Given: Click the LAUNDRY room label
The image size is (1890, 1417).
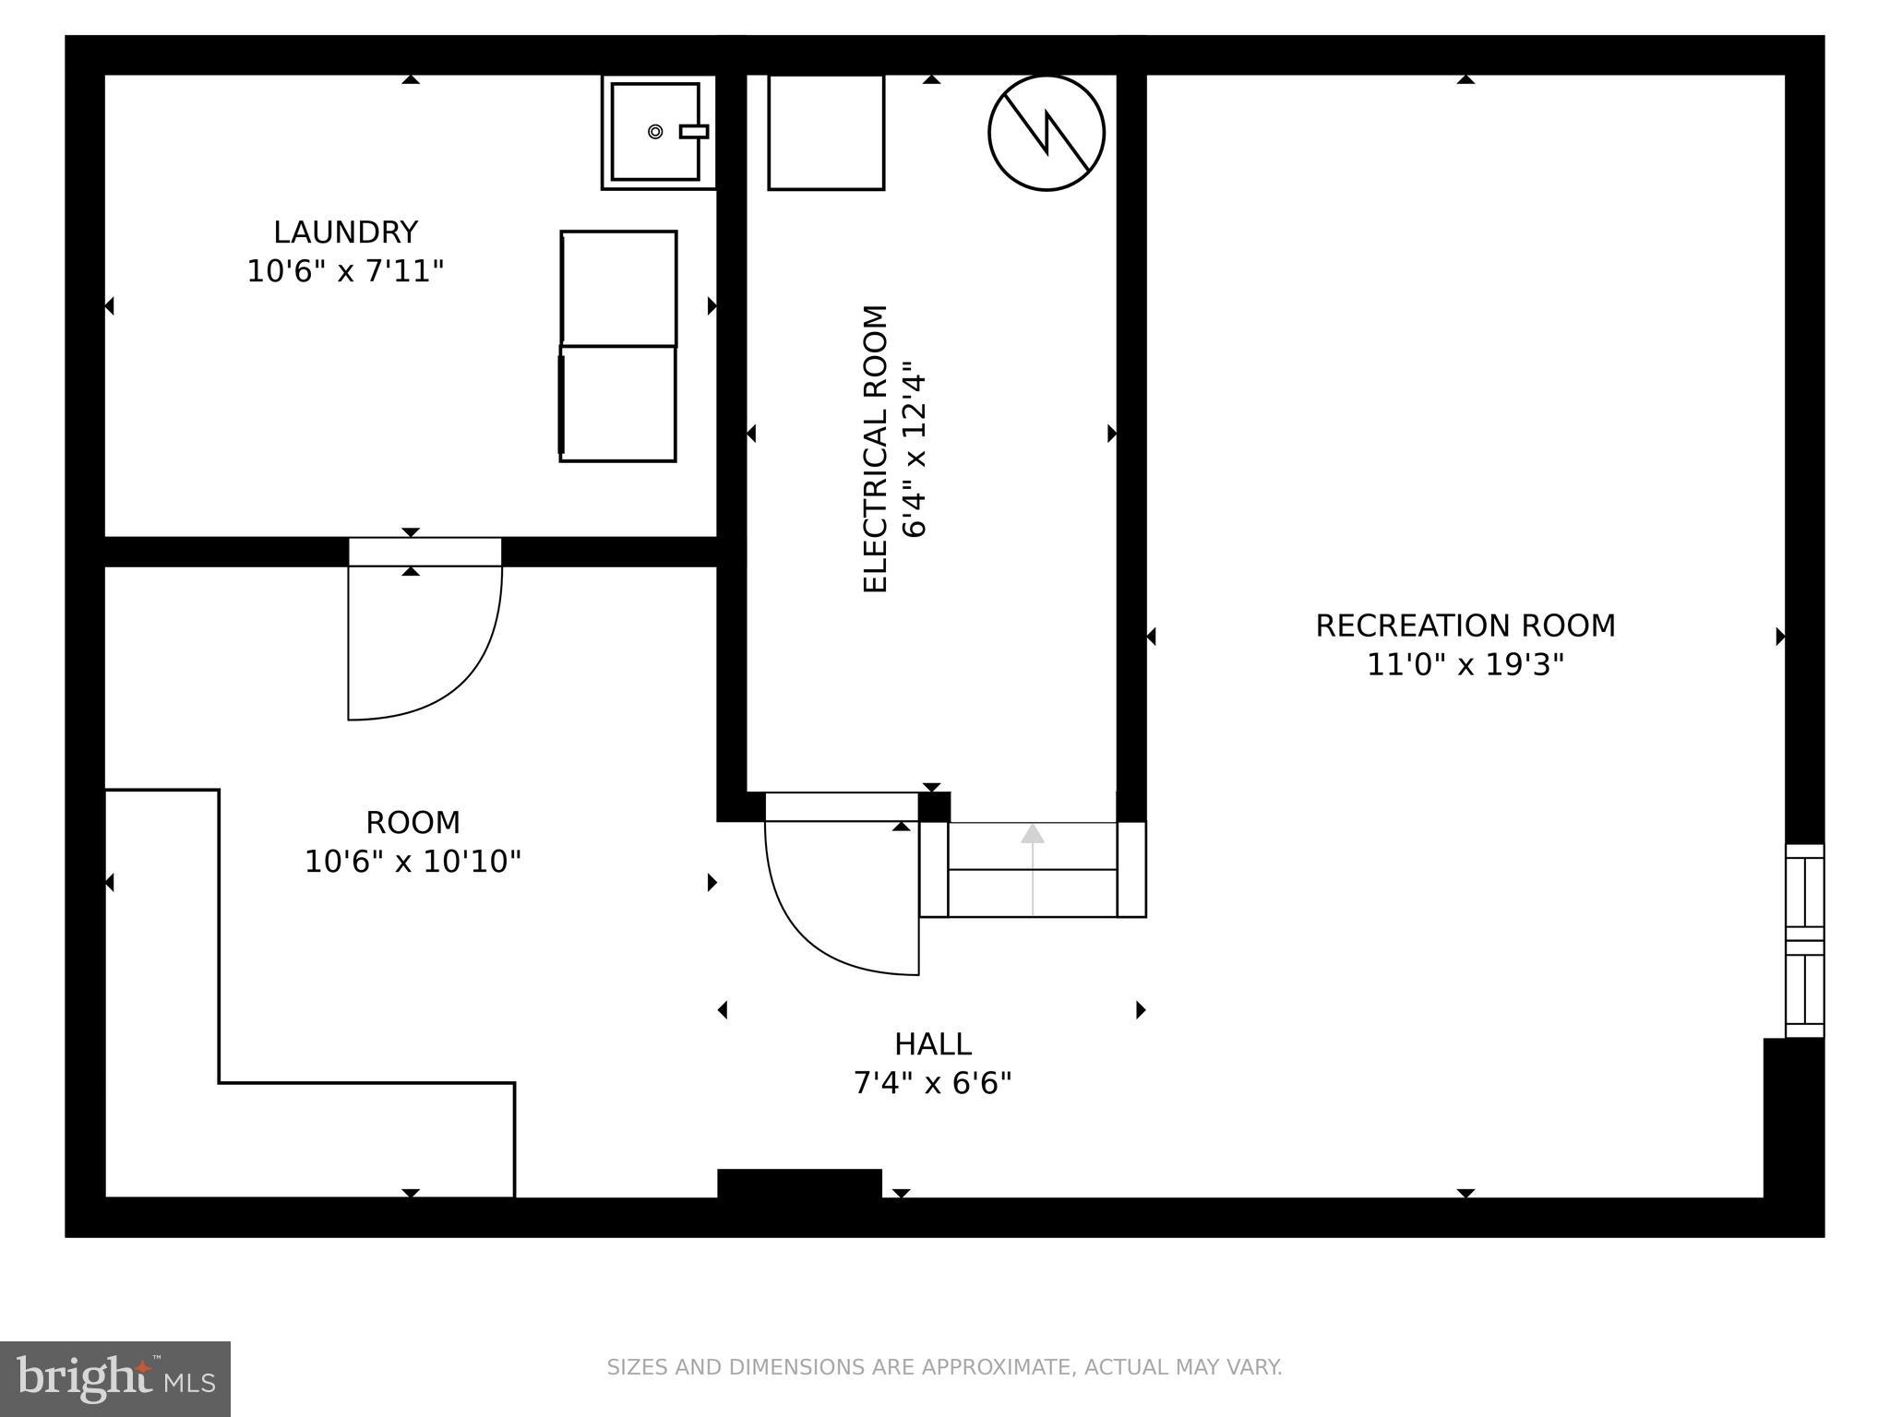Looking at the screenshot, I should [345, 232].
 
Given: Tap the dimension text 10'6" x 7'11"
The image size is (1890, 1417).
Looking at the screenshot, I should [345, 272].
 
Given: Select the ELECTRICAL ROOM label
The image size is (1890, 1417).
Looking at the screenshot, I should [874, 448].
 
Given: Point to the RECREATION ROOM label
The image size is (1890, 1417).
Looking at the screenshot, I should [1465, 626].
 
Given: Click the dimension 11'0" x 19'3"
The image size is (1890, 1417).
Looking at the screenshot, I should [1465, 665].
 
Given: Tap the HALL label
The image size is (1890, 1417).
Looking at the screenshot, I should [932, 1044].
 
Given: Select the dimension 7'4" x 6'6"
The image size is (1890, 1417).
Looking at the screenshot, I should [932, 1083].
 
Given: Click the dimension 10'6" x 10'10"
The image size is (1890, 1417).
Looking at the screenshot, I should [413, 862].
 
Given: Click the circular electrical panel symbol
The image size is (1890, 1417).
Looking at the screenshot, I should [1046, 133].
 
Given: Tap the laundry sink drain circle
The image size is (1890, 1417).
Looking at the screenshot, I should [655, 132].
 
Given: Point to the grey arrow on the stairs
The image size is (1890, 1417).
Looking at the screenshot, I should [1032, 867].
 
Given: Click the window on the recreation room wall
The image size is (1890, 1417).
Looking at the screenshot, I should [1804, 940].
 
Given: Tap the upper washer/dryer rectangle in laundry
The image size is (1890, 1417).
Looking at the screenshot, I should [618, 288].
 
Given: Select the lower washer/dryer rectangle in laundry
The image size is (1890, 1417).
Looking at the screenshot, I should [618, 403].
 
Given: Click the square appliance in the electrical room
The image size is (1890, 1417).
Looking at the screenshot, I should [825, 133].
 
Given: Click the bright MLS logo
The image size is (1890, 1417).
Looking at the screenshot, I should [114, 1378].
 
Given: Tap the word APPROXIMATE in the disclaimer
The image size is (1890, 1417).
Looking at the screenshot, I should [980, 1367].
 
